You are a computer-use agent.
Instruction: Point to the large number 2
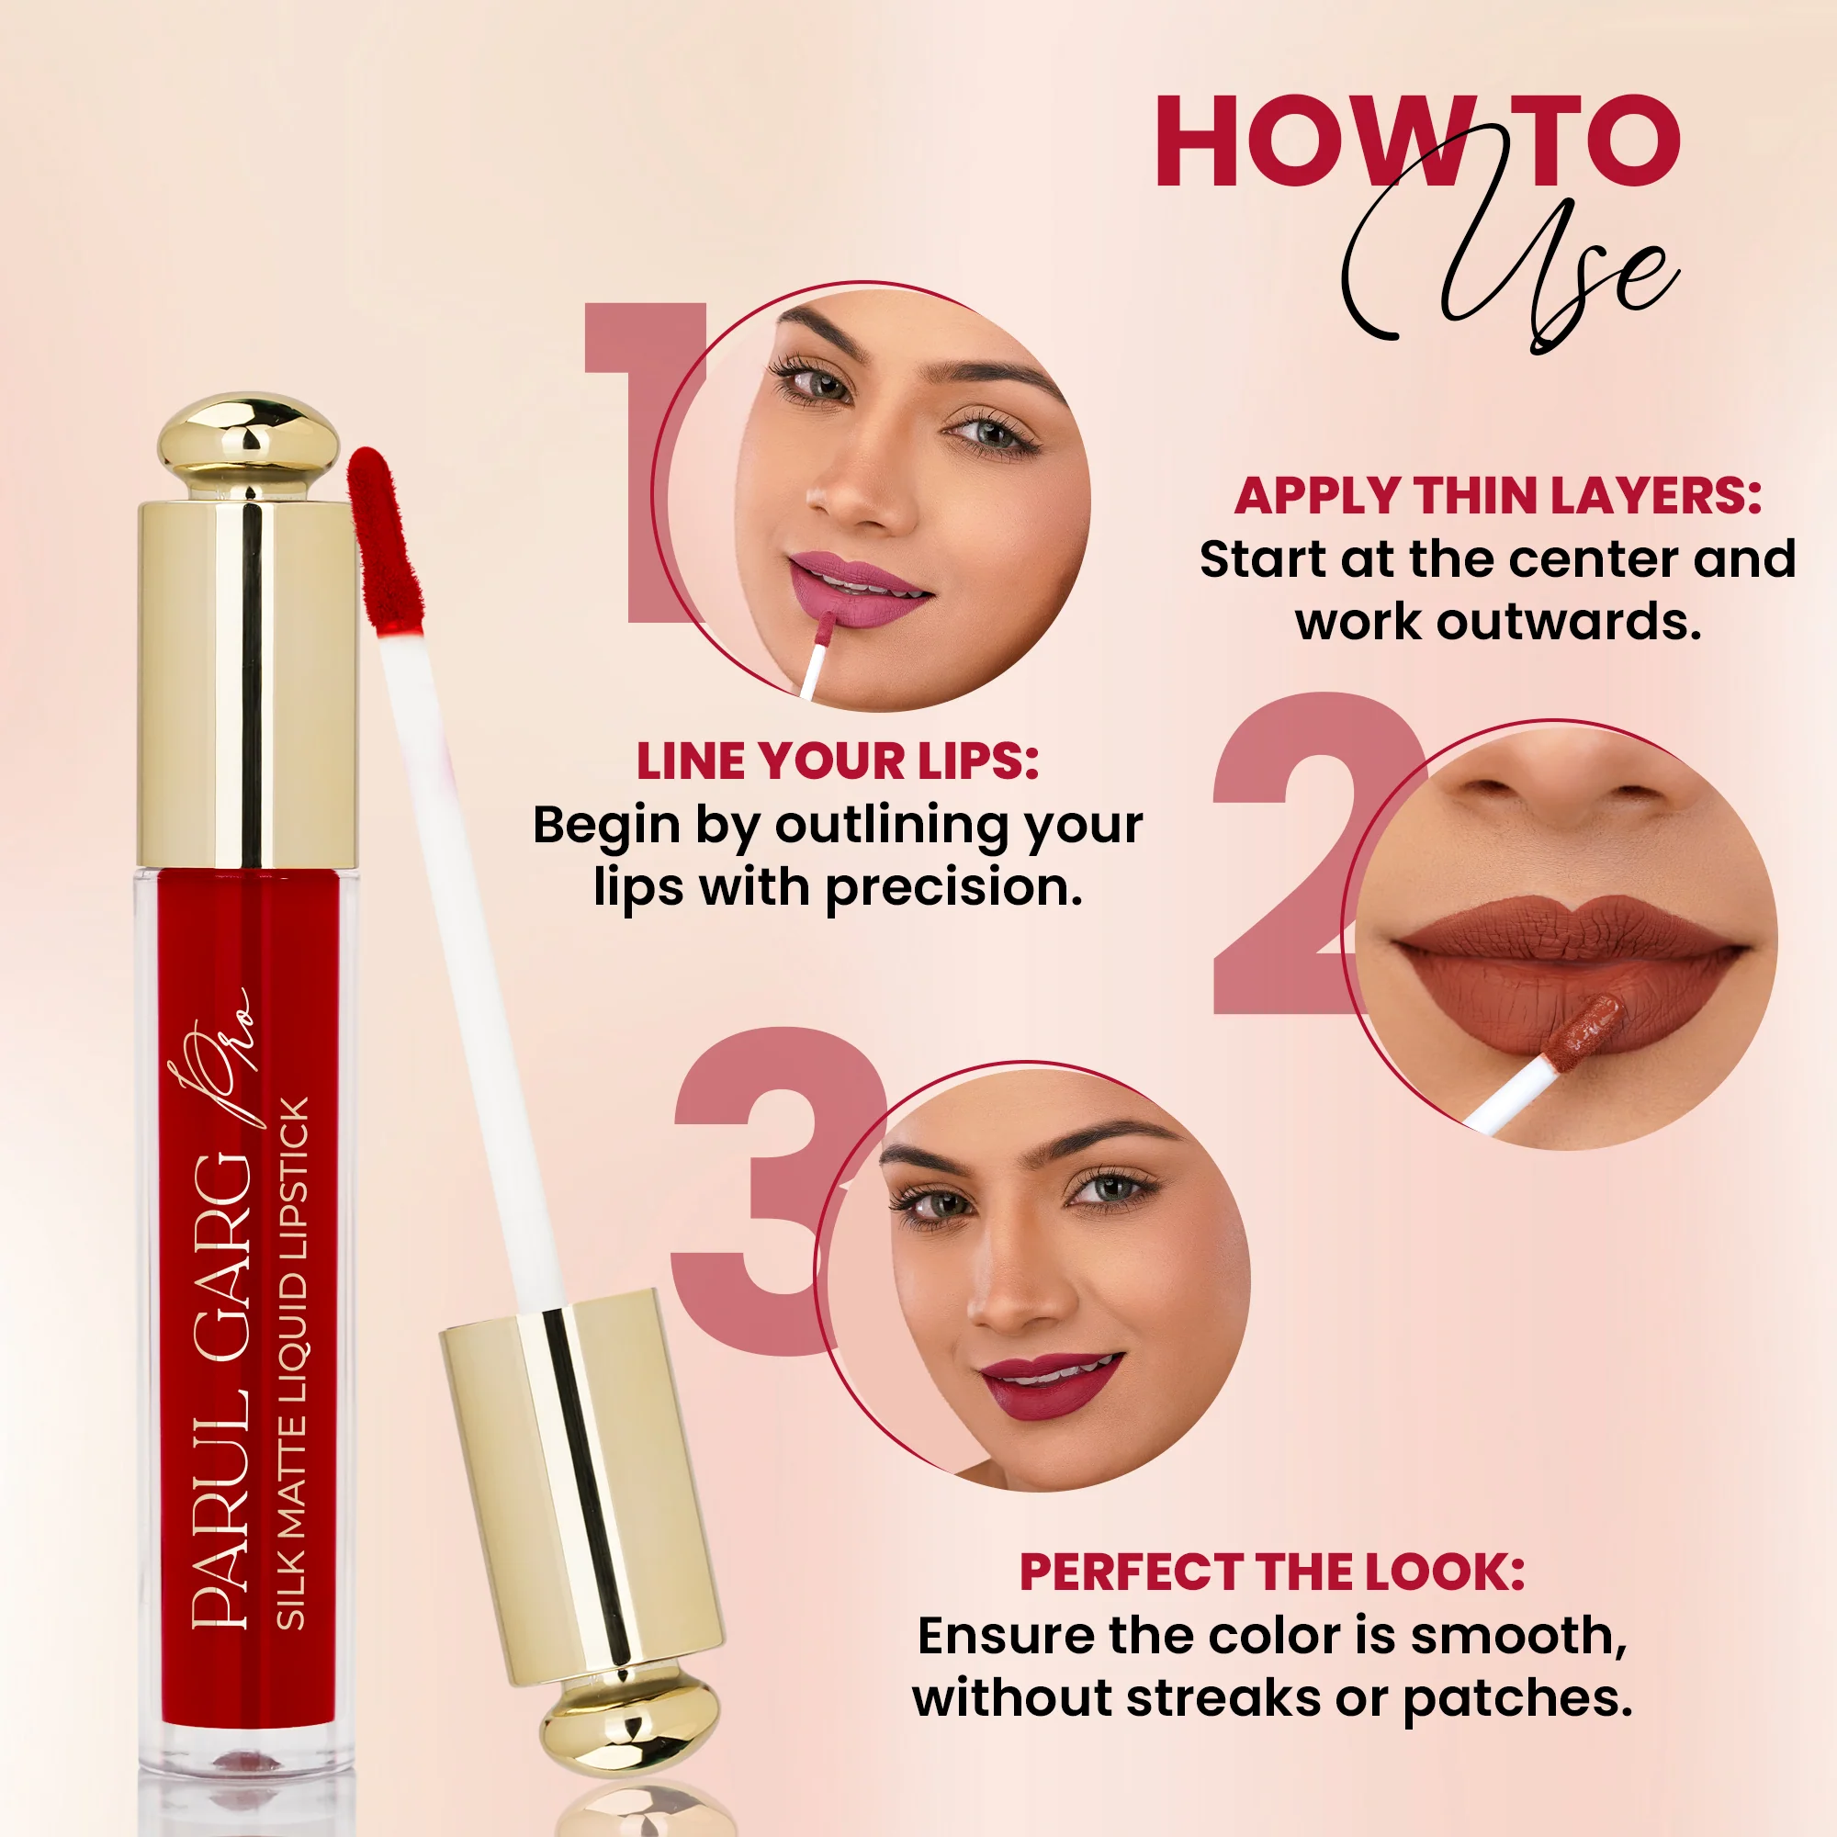point(1293,856)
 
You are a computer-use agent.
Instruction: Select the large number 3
point(761,1189)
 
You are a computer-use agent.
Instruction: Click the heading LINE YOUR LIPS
point(837,761)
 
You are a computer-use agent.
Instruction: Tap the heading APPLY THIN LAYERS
point(1497,496)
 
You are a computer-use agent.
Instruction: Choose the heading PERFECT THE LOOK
point(1271,1572)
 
